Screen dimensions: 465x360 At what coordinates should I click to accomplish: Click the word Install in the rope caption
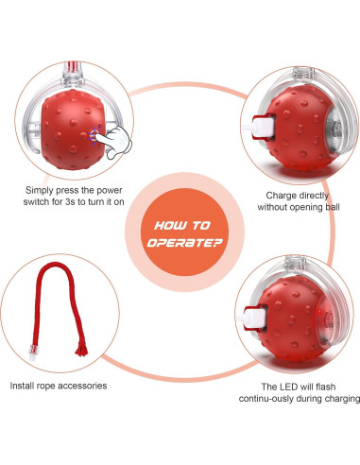(x=24, y=386)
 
